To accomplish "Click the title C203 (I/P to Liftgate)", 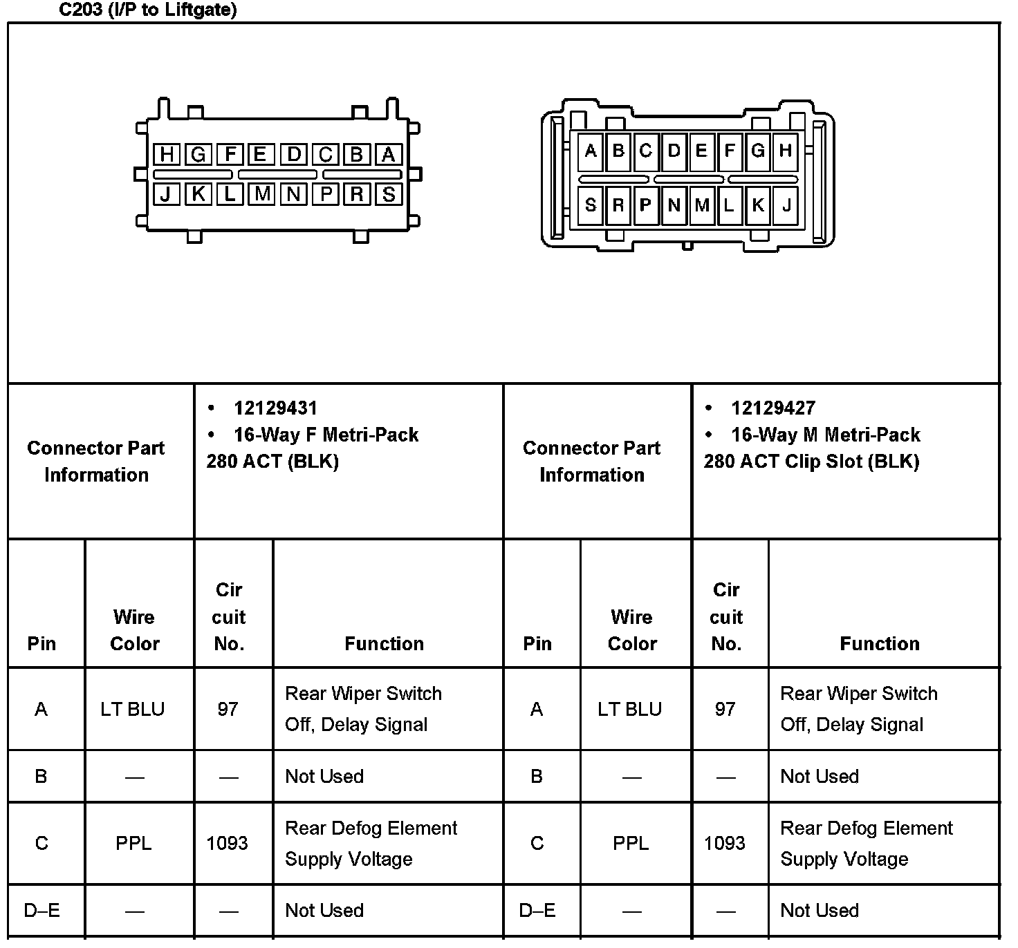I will [147, 10].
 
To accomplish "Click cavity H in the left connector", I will [166, 154].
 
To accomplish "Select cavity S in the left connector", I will [389, 194].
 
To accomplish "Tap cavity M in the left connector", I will [262, 194].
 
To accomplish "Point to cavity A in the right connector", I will [590, 151].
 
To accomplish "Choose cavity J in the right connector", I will [786, 205].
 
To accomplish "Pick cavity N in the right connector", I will [674, 205].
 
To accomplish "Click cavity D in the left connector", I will [294, 154].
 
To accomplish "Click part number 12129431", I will [275, 408].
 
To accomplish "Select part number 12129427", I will [772, 408].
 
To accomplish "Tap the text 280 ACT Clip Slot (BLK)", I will [811, 462].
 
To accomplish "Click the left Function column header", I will [384, 643].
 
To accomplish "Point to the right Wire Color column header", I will [631, 629].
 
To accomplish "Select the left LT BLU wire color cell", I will [133, 709].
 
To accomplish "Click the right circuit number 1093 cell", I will [725, 843].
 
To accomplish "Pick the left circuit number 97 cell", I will [228, 709].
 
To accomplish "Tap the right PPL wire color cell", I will [631, 843].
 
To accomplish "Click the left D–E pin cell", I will [41, 910].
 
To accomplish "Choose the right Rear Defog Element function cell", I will [866, 843].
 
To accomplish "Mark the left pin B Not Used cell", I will [324, 776].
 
